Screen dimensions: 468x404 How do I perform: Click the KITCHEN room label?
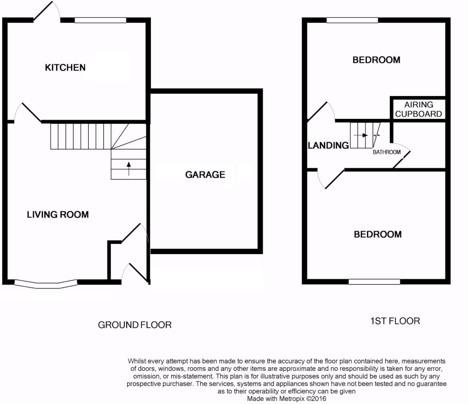[65, 68]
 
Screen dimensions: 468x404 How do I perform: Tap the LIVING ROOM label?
[58, 215]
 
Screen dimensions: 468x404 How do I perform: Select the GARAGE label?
[205, 175]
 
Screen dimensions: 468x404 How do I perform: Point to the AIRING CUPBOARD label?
[419, 109]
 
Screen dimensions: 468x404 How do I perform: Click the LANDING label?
[328, 145]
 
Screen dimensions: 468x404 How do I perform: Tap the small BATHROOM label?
[387, 152]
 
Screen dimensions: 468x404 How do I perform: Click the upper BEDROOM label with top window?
[377, 60]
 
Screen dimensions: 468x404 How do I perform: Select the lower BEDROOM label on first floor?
[377, 234]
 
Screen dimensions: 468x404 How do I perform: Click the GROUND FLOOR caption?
[134, 324]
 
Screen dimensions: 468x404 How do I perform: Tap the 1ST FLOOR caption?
[395, 321]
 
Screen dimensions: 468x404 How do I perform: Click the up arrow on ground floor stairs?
[129, 169]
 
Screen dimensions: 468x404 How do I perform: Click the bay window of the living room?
[46, 284]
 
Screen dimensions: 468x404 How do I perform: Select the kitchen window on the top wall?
[100, 20]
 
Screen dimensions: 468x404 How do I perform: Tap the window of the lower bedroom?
[374, 282]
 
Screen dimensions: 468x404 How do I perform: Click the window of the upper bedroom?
[352, 20]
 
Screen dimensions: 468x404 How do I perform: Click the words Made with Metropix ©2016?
[286, 399]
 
